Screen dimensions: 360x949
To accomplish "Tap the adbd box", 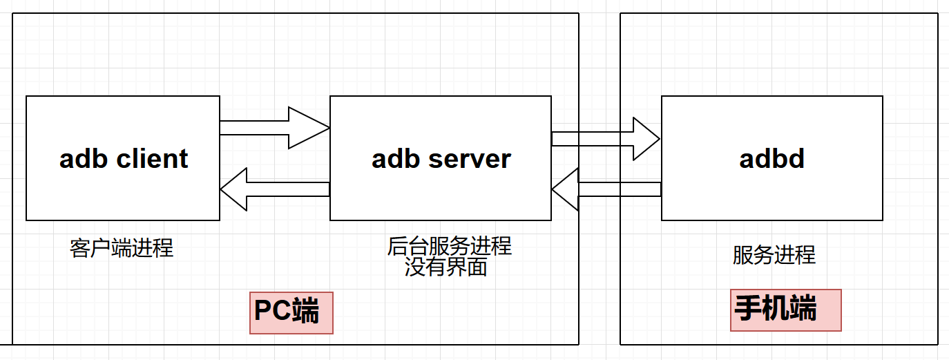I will click(x=771, y=197).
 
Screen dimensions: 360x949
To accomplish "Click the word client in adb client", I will click(x=152, y=159).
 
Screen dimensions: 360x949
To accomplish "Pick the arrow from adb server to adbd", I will click(x=601, y=139).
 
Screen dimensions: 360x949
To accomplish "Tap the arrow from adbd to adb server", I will click(x=615, y=189).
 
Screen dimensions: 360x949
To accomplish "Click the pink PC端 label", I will click(x=291, y=312).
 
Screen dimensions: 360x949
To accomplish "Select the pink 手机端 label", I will click(x=785, y=310).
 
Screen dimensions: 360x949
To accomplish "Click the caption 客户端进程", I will click(x=122, y=248).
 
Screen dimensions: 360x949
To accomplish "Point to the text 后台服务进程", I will click(x=449, y=246).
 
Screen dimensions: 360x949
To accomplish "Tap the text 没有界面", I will click(x=445, y=267).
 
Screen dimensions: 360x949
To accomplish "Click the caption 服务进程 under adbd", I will click(x=774, y=255).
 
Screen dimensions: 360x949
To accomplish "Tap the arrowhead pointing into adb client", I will click(x=233, y=189).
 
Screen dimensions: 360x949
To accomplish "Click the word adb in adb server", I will click(x=396, y=159).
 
